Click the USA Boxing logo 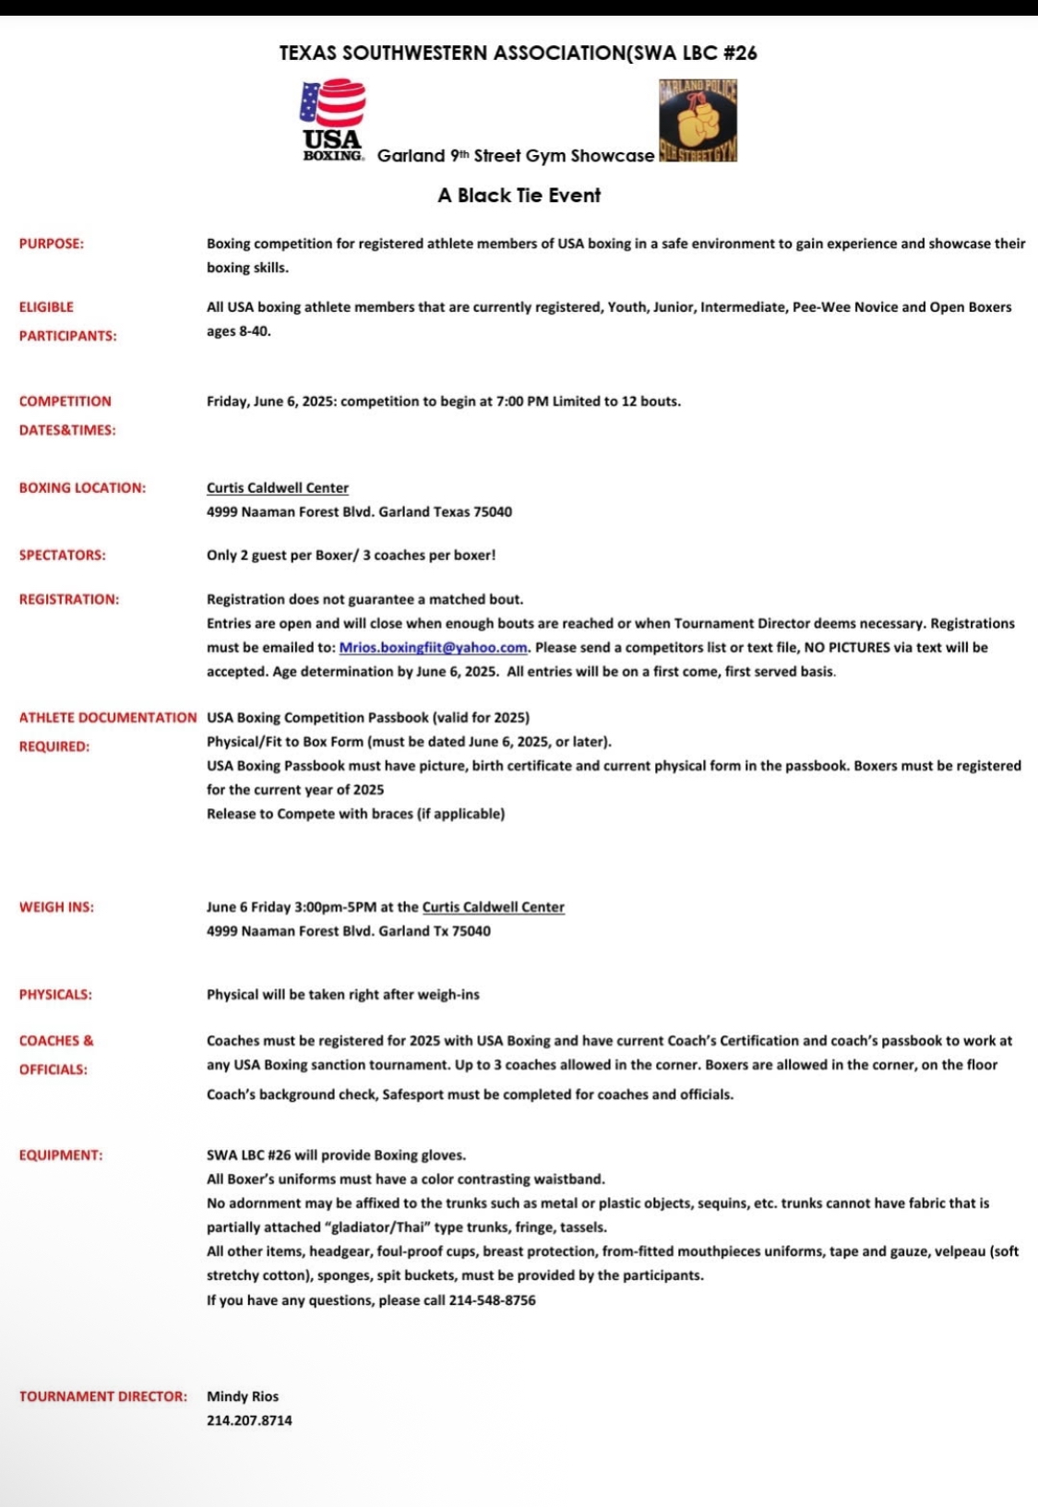(x=332, y=120)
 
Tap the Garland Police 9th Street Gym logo (x=698, y=121)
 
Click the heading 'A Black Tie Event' (x=519, y=196)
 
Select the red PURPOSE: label (x=52, y=244)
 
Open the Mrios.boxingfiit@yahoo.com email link (x=433, y=648)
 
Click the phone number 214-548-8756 (x=492, y=1300)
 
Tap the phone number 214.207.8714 (x=249, y=1420)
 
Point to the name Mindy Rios (x=243, y=1396)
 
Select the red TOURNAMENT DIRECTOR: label (x=102, y=1396)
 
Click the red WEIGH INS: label (x=56, y=907)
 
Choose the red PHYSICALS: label (x=55, y=995)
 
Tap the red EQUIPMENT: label (x=61, y=1155)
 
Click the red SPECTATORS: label (x=63, y=556)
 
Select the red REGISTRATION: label (x=69, y=600)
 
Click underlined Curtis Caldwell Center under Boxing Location (x=278, y=488)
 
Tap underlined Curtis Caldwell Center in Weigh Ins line (x=494, y=907)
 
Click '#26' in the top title (x=740, y=53)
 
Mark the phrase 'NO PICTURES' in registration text (x=847, y=648)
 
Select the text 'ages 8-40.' (x=239, y=331)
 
